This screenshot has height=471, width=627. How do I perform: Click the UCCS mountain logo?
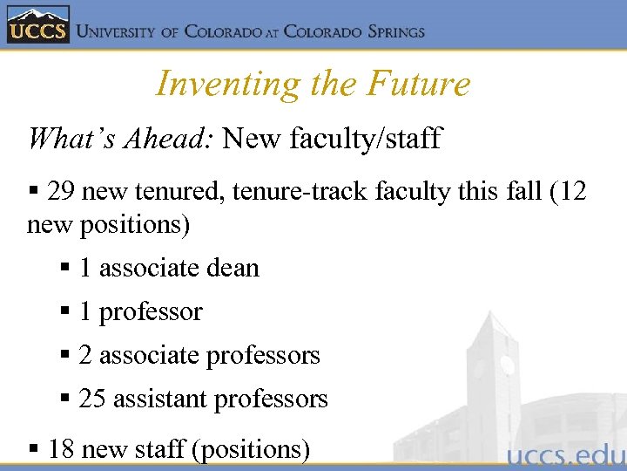pyautogui.click(x=37, y=24)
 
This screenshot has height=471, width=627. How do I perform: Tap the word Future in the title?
pyautogui.click(x=419, y=85)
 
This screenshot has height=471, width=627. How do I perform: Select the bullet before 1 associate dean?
pyautogui.click(x=66, y=268)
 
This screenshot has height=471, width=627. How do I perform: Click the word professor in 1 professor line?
pyautogui.click(x=151, y=311)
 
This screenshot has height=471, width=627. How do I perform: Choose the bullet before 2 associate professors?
pyautogui.click(x=66, y=356)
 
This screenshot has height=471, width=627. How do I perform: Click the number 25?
pyautogui.click(x=92, y=399)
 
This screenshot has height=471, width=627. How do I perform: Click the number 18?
pyautogui.click(x=62, y=449)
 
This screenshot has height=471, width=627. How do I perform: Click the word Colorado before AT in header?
pyautogui.click(x=223, y=32)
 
